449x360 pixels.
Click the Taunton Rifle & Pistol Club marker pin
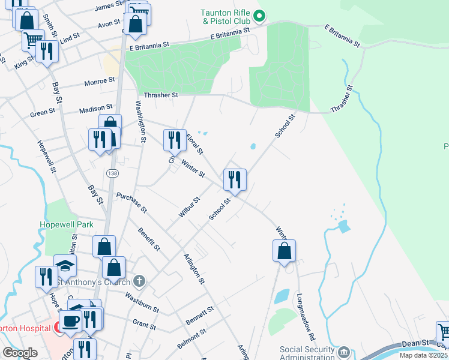pos(259,16)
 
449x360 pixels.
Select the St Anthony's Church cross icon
pos(139,280)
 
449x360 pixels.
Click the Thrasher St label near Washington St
pos(161,95)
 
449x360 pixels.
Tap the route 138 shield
pos(112,173)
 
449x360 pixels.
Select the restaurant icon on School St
pos(235,179)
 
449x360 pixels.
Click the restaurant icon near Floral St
pos(175,140)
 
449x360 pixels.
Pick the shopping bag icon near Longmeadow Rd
pos(285,250)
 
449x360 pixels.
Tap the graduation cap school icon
pos(65,265)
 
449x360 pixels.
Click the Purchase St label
pos(131,203)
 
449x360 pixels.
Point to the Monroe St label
pos(100,80)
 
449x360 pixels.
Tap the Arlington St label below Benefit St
pos(194,268)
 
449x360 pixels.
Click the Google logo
pos(20,353)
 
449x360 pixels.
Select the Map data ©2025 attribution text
pos(424,355)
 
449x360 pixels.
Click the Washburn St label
pos(142,302)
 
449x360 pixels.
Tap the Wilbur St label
pos(188,206)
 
